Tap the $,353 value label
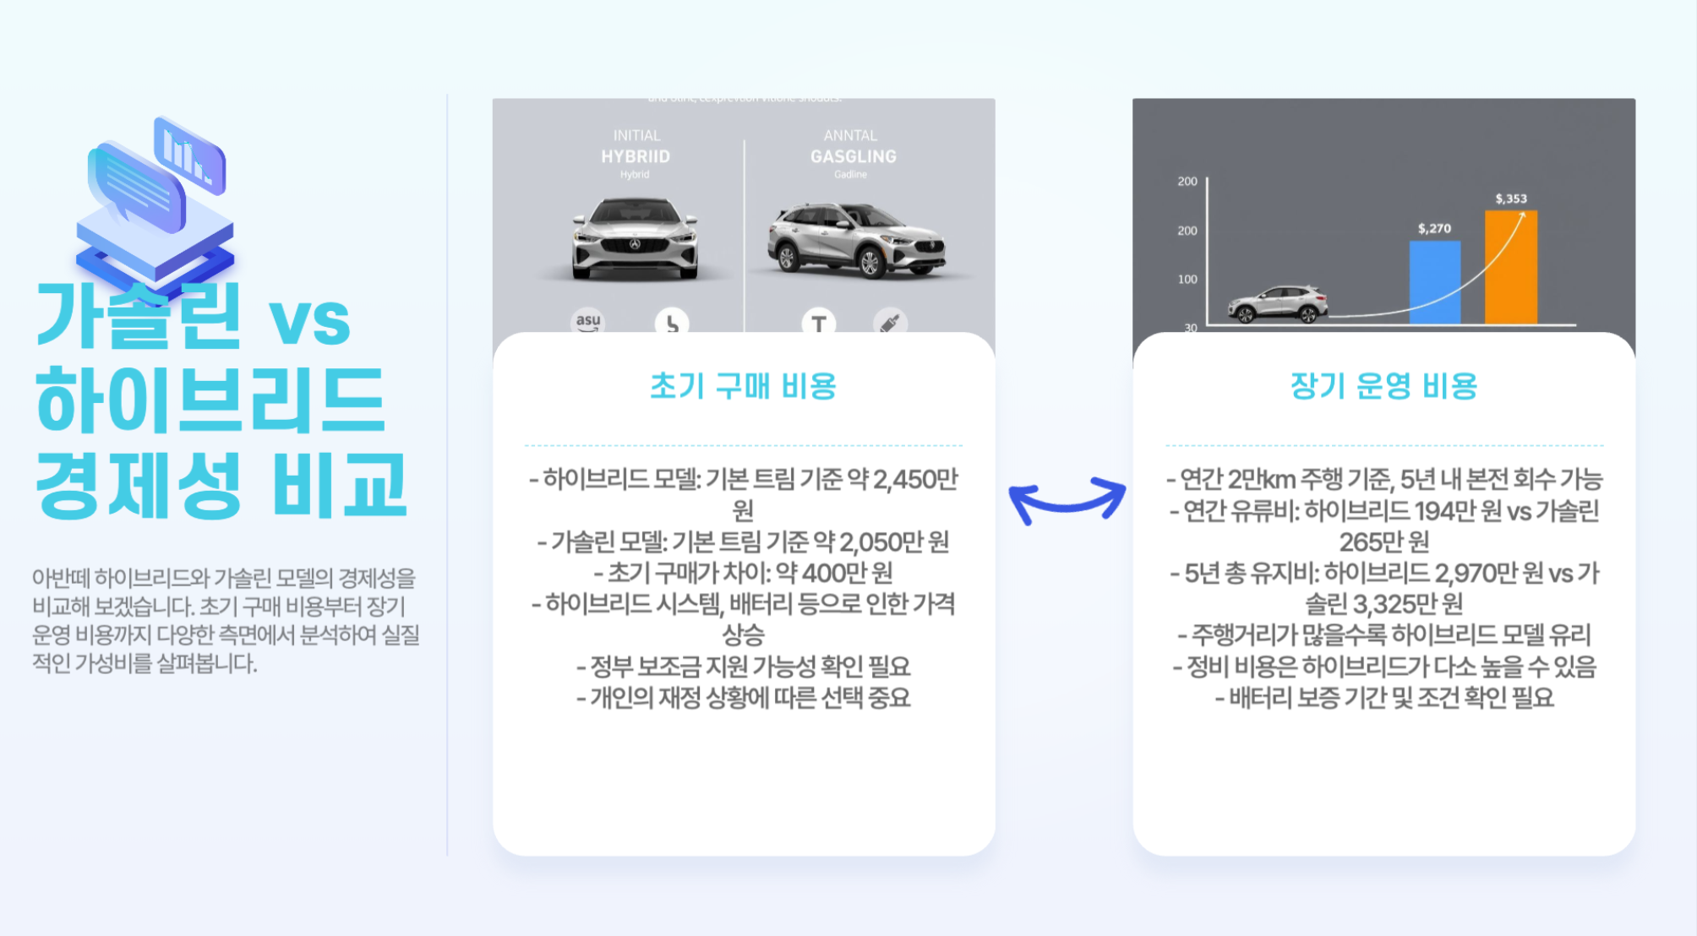pyautogui.click(x=1511, y=199)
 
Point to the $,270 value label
pyautogui.click(x=1434, y=229)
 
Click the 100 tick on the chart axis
pyautogui.click(x=1187, y=280)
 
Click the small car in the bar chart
pyautogui.click(x=1278, y=304)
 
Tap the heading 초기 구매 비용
pyautogui.click(x=743, y=386)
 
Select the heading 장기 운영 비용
pyautogui.click(x=1383, y=386)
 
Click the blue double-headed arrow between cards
pyautogui.click(x=1067, y=500)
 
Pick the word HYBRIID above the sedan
pyautogui.click(x=636, y=157)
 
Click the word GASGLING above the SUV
pyautogui.click(x=853, y=157)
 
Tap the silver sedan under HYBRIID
pyautogui.click(x=635, y=238)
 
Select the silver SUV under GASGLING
pyautogui.click(x=855, y=242)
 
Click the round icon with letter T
pyautogui.click(x=818, y=323)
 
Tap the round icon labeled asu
pyautogui.click(x=588, y=322)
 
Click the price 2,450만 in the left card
pyautogui.click(x=915, y=480)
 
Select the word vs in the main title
pyautogui.click(x=308, y=321)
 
